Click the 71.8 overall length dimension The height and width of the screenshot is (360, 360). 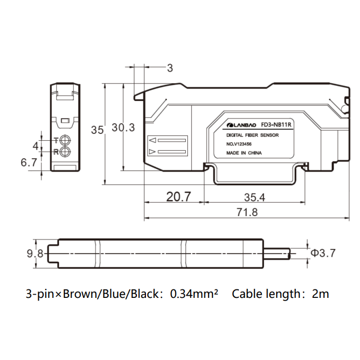click(x=247, y=212)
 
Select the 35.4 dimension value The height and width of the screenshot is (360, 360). click(x=254, y=198)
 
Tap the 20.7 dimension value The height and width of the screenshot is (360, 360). click(x=178, y=197)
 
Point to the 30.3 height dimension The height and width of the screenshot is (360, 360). click(x=123, y=127)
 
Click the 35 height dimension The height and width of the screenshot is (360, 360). click(x=97, y=130)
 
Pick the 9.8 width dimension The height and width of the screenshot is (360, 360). click(x=35, y=253)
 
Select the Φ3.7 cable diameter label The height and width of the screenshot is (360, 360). click(x=323, y=253)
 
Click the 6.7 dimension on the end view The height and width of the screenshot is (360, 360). click(x=29, y=162)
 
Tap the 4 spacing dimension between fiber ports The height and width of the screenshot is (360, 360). click(x=36, y=146)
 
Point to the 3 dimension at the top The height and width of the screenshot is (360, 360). click(x=170, y=68)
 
